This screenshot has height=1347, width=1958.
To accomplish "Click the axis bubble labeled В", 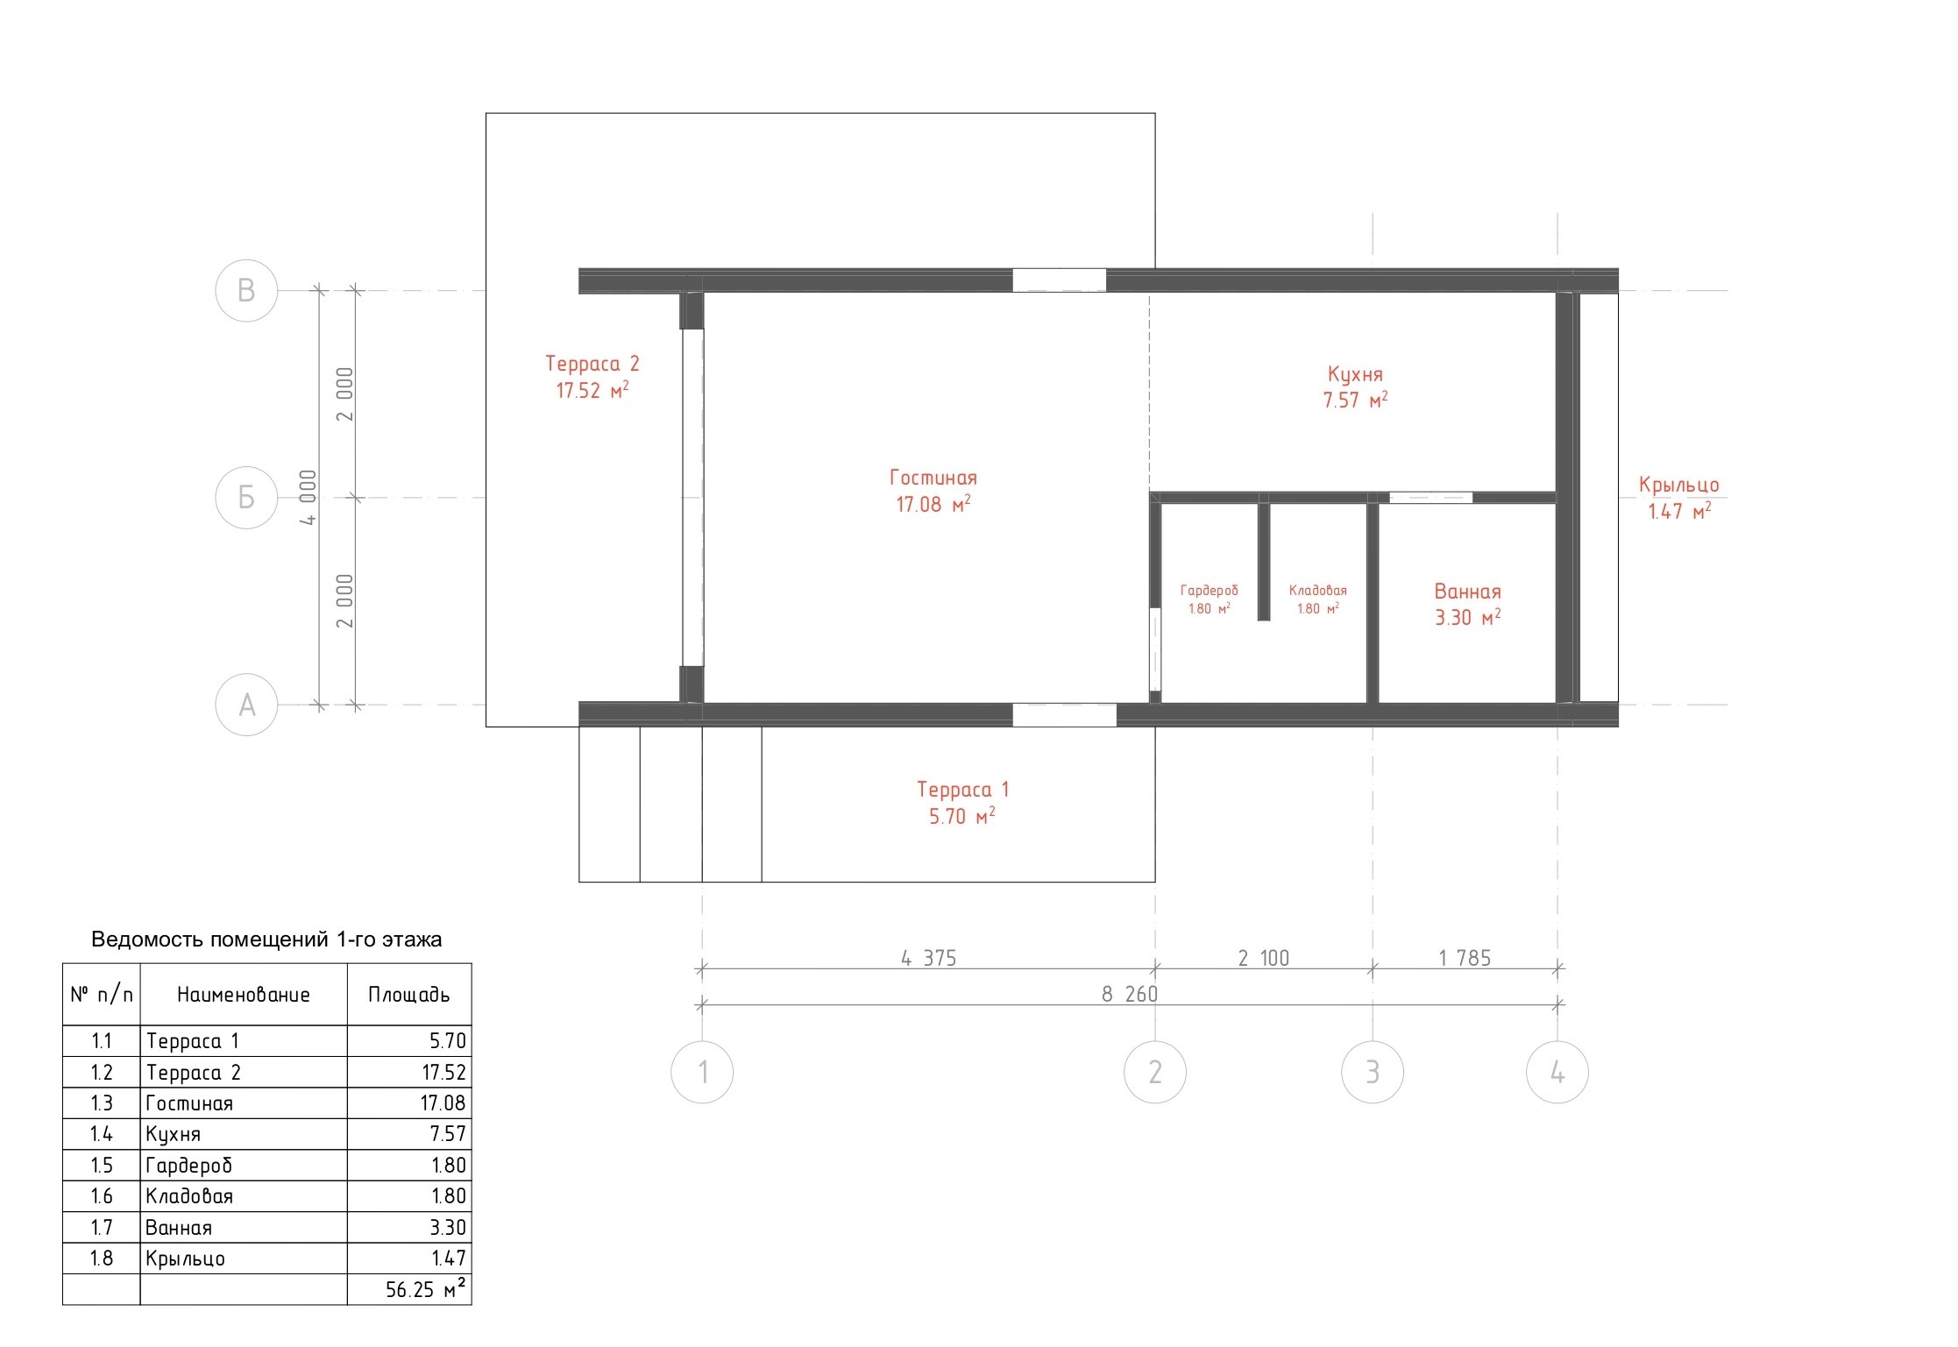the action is point(246,291).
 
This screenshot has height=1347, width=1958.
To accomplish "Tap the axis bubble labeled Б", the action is point(246,498).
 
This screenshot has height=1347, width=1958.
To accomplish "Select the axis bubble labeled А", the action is point(246,705).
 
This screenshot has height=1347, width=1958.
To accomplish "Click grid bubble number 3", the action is point(1373,1072).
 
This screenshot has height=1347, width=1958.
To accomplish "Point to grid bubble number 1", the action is point(702,1072).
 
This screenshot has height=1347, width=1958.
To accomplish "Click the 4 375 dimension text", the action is point(929,958).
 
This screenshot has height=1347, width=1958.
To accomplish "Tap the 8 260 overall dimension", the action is point(1130,994).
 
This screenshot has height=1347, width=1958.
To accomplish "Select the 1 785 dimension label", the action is point(1465,958).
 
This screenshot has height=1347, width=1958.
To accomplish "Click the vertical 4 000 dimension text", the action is point(308,498).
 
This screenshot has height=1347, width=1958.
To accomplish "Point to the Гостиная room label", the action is point(933,478).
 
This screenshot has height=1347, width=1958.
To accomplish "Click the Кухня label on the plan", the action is point(1355,374).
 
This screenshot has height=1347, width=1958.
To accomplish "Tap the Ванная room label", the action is point(1468,592).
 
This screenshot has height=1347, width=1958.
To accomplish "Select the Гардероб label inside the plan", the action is point(1210,591).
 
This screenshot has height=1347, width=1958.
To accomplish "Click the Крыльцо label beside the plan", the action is point(1679,485).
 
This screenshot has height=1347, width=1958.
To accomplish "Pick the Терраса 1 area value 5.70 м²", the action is point(962,816).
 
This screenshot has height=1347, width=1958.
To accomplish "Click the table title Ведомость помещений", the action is point(266,939).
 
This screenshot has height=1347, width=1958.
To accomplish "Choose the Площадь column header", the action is point(409,995).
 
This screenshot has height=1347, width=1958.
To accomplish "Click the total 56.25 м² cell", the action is point(425,1289).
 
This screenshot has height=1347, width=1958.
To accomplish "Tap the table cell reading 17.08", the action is point(443,1102).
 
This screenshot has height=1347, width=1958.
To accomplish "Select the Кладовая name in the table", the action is point(189,1196).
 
